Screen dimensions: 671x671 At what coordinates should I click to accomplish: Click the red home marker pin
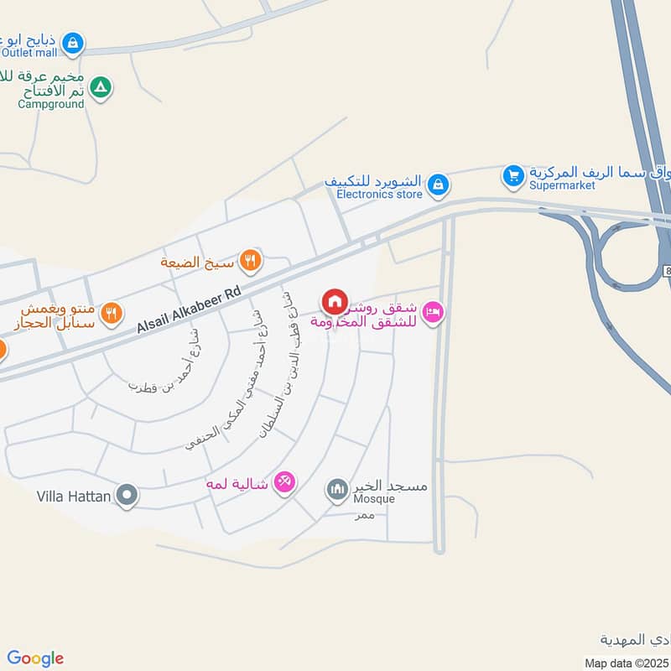(334, 301)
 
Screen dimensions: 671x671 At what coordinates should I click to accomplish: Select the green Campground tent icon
(101, 86)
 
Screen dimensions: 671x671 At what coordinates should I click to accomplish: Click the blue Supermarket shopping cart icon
(512, 176)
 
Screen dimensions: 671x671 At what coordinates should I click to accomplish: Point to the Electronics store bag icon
(436, 185)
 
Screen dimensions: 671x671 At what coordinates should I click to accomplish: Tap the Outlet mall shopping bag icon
(74, 41)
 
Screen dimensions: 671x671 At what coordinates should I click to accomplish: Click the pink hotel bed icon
(433, 313)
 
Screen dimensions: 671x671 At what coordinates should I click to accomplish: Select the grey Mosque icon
(337, 489)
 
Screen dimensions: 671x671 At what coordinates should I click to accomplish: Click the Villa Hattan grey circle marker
(127, 496)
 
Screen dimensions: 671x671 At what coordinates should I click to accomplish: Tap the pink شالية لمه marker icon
(284, 482)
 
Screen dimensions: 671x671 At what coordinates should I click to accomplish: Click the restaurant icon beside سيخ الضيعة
(249, 260)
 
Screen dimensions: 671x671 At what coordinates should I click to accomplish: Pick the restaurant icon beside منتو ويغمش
(111, 314)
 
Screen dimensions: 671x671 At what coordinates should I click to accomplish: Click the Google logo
(35, 658)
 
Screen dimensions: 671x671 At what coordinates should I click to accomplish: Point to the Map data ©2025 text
(627, 663)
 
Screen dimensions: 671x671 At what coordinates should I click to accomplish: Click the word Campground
(51, 104)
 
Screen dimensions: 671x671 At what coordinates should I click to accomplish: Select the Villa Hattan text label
(74, 497)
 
